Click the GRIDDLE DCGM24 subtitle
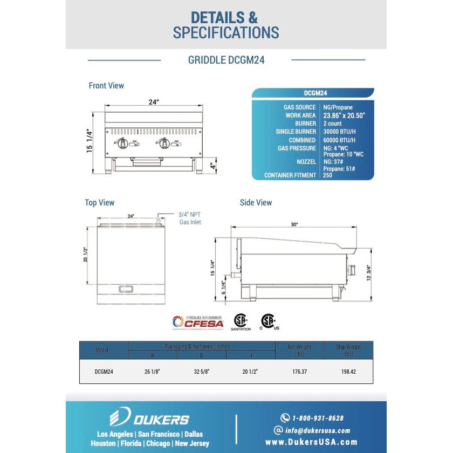(x=226, y=60)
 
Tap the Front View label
(x=106, y=86)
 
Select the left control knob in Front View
(x=122, y=143)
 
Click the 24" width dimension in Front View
(x=154, y=102)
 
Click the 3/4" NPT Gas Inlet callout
(x=190, y=218)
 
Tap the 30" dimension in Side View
(x=293, y=224)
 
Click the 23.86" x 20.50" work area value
(x=344, y=115)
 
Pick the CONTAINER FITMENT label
(x=290, y=175)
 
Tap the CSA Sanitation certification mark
(x=241, y=321)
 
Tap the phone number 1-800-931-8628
(x=318, y=418)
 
